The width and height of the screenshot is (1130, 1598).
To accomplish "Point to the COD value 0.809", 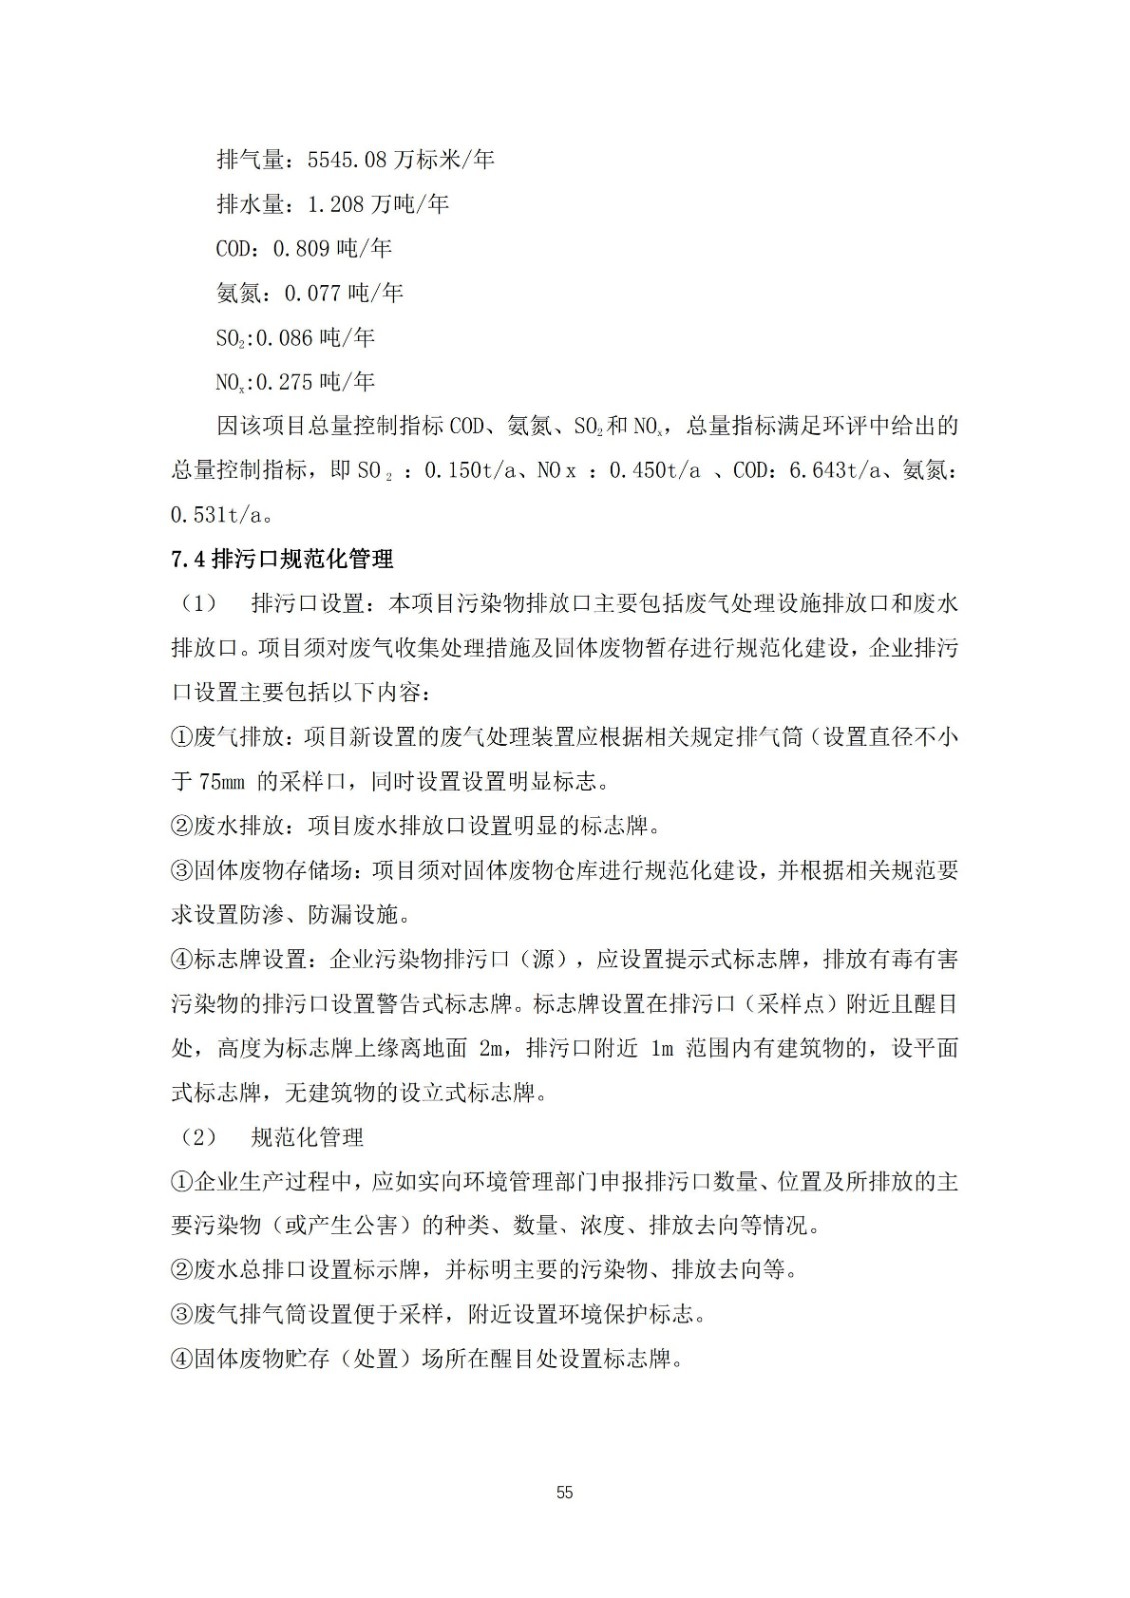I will tap(302, 248).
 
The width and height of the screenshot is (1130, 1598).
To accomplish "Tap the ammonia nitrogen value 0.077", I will tap(314, 293).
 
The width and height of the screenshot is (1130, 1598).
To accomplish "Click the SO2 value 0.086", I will tap(285, 338).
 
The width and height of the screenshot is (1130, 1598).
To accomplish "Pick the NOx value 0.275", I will tap(286, 382).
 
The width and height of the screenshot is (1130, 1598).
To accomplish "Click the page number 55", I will tap(565, 1493).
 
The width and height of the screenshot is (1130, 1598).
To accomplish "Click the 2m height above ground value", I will tap(492, 1048).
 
